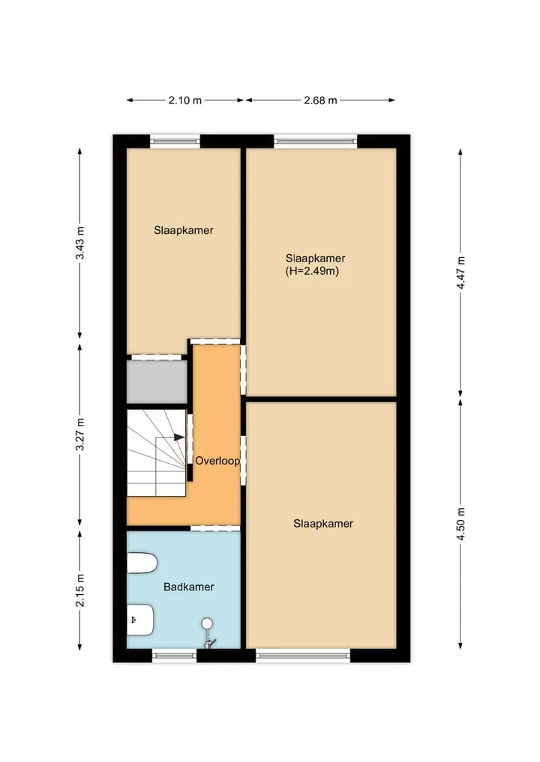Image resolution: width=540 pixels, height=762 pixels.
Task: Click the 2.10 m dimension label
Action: [x=184, y=100]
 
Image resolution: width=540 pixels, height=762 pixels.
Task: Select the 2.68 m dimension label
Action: [x=320, y=100]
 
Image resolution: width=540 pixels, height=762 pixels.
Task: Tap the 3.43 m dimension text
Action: [x=79, y=243]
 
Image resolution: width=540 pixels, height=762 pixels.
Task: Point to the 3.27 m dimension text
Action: [x=79, y=435]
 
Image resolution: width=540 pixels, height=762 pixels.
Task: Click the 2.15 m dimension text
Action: [x=79, y=590]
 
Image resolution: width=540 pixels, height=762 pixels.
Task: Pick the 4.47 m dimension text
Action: [x=460, y=273]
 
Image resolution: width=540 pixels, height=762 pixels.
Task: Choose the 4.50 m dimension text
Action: [x=460, y=524]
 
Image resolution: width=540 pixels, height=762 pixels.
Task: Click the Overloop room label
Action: [x=217, y=461]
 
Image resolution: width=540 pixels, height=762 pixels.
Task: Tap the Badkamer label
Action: [x=189, y=587]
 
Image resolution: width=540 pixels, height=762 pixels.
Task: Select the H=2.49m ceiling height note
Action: [x=312, y=271]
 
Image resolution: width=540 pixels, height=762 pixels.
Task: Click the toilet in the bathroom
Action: [x=142, y=563]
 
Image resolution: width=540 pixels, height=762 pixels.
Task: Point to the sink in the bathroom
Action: [x=140, y=620]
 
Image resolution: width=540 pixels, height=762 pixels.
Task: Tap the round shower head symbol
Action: [x=207, y=623]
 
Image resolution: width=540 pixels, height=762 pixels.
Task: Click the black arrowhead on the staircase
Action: [x=179, y=438]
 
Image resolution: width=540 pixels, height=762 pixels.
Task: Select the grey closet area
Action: [x=157, y=381]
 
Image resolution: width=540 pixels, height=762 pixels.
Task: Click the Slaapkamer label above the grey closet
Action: [x=184, y=230]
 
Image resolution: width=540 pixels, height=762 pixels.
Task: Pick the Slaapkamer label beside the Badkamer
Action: [x=323, y=524]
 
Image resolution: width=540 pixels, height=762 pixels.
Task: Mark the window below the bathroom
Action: [x=174, y=656]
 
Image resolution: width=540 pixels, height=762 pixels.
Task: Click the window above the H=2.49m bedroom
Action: [x=315, y=142]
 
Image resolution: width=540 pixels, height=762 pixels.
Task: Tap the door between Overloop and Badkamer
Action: [x=215, y=528]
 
